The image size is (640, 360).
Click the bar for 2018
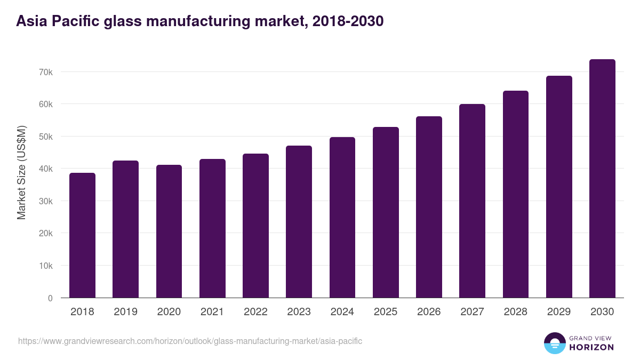82,235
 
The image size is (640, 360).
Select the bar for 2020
169,231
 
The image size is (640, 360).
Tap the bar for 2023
299,222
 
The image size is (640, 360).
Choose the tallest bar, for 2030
602,179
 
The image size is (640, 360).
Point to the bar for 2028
516,194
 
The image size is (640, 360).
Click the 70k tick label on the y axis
46,72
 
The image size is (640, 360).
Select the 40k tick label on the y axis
46,169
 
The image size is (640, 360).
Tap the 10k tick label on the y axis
46,266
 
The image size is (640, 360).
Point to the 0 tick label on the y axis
50,298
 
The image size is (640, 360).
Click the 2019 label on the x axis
125,312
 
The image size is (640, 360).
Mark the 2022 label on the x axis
255,312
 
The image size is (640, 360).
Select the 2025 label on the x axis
386,312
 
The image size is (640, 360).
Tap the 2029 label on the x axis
559,312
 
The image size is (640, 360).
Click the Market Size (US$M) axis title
21,173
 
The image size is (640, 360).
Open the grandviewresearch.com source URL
190,341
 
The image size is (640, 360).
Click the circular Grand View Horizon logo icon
555,343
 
